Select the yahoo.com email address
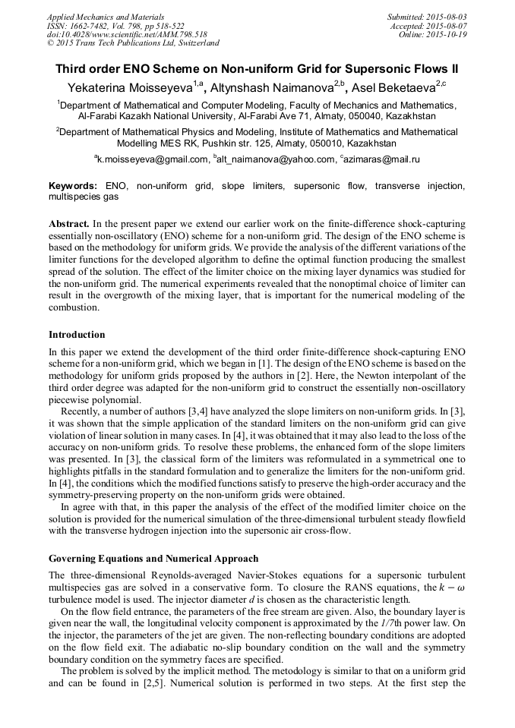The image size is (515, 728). pos(276,159)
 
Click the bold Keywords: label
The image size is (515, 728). pos(73,186)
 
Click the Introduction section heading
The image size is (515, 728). pos(77,335)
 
